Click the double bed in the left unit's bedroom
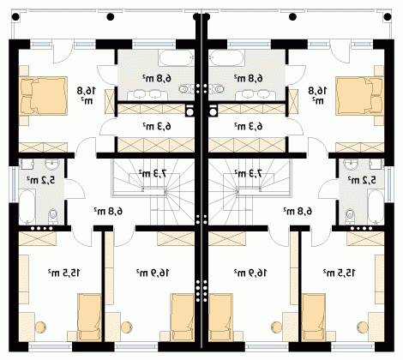[x=44, y=96]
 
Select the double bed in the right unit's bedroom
[x=359, y=96]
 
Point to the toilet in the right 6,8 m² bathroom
[x=218, y=89]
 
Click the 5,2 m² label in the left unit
[x=41, y=180]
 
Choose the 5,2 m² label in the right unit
[x=362, y=180]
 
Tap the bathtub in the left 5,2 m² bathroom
[x=27, y=207]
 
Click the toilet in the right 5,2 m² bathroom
[x=349, y=216]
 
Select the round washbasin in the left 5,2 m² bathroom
[x=52, y=165]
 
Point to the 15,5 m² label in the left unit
[x=64, y=273]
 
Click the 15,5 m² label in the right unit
[x=340, y=273]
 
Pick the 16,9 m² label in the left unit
[x=153, y=273]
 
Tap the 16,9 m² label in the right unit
[x=250, y=273]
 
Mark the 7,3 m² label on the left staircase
[x=153, y=173]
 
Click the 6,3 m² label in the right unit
[x=249, y=126]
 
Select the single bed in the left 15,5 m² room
[x=90, y=317]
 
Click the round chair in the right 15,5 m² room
[x=363, y=327]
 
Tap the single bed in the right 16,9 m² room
[x=220, y=317]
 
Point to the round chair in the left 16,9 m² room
[x=126, y=327]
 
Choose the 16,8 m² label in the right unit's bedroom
[x=317, y=94]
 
